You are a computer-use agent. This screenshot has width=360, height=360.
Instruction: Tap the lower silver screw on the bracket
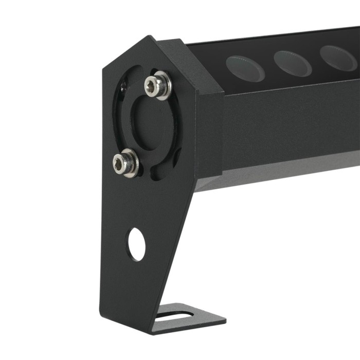[125, 163]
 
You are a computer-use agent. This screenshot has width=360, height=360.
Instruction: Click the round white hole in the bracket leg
[136, 244]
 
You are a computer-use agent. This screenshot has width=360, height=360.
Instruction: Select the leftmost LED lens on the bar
[245, 68]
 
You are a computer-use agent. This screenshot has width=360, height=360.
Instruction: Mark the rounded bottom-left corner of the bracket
[103, 314]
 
